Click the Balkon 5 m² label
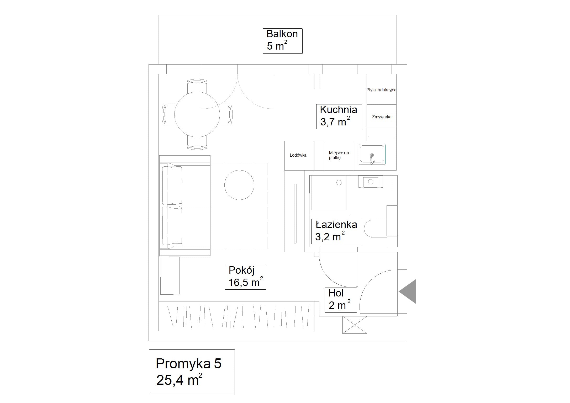[282, 41]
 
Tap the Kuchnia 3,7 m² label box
[339, 116]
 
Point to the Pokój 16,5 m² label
[245, 277]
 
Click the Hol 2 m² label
[341, 300]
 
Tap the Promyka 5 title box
[192, 372]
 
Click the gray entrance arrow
[407, 291]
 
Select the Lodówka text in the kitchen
[298, 155]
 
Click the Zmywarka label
[382, 117]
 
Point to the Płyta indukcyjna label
[381, 90]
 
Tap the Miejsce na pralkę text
[339, 155]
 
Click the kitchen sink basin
[372, 154]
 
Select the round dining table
[197, 114]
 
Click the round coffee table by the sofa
[239, 185]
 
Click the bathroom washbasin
[371, 182]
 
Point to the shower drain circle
[339, 183]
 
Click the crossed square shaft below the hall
[355, 325]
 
